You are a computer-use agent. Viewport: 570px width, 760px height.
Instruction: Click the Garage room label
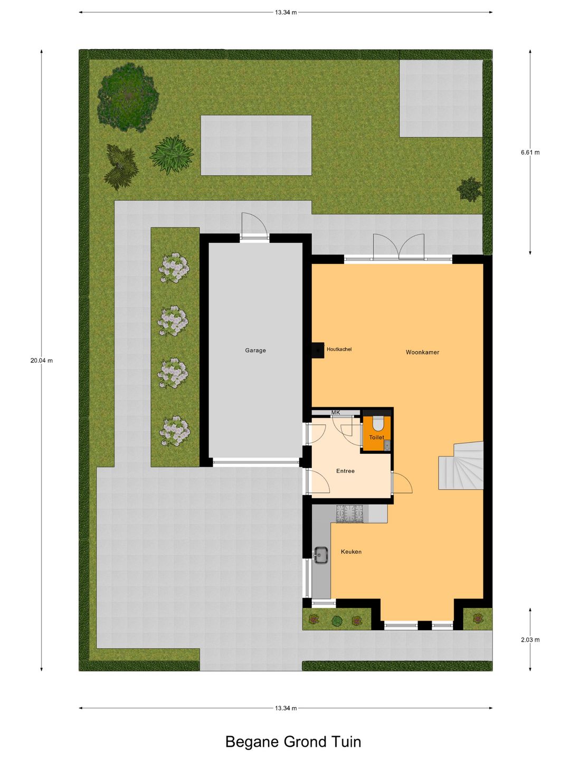(x=255, y=350)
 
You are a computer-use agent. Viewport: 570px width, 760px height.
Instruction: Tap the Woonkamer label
(x=422, y=352)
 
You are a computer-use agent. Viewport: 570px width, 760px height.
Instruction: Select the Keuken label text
(x=351, y=552)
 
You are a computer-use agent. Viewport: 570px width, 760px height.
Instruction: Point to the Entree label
(x=345, y=471)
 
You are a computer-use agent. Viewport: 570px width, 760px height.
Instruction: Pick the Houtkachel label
(x=339, y=349)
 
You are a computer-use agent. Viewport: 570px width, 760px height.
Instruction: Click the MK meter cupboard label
(x=336, y=413)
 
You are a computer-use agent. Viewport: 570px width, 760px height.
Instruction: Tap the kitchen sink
(x=320, y=555)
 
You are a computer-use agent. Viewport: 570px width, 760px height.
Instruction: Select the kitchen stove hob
(x=350, y=514)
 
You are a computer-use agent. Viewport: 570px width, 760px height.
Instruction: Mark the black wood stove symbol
(x=317, y=350)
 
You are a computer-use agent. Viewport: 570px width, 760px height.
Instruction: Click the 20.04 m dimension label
(x=42, y=360)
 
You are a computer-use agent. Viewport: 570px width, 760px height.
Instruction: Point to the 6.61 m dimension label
(x=530, y=153)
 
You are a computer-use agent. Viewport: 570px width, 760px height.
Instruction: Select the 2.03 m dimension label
(x=530, y=640)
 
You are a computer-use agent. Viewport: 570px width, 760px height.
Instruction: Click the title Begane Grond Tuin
(x=293, y=742)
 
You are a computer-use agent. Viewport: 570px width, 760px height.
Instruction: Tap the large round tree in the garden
(x=128, y=97)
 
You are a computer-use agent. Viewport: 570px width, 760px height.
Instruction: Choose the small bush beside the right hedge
(x=469, y=189)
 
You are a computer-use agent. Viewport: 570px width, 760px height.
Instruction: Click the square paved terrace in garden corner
(x=441, y=98)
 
